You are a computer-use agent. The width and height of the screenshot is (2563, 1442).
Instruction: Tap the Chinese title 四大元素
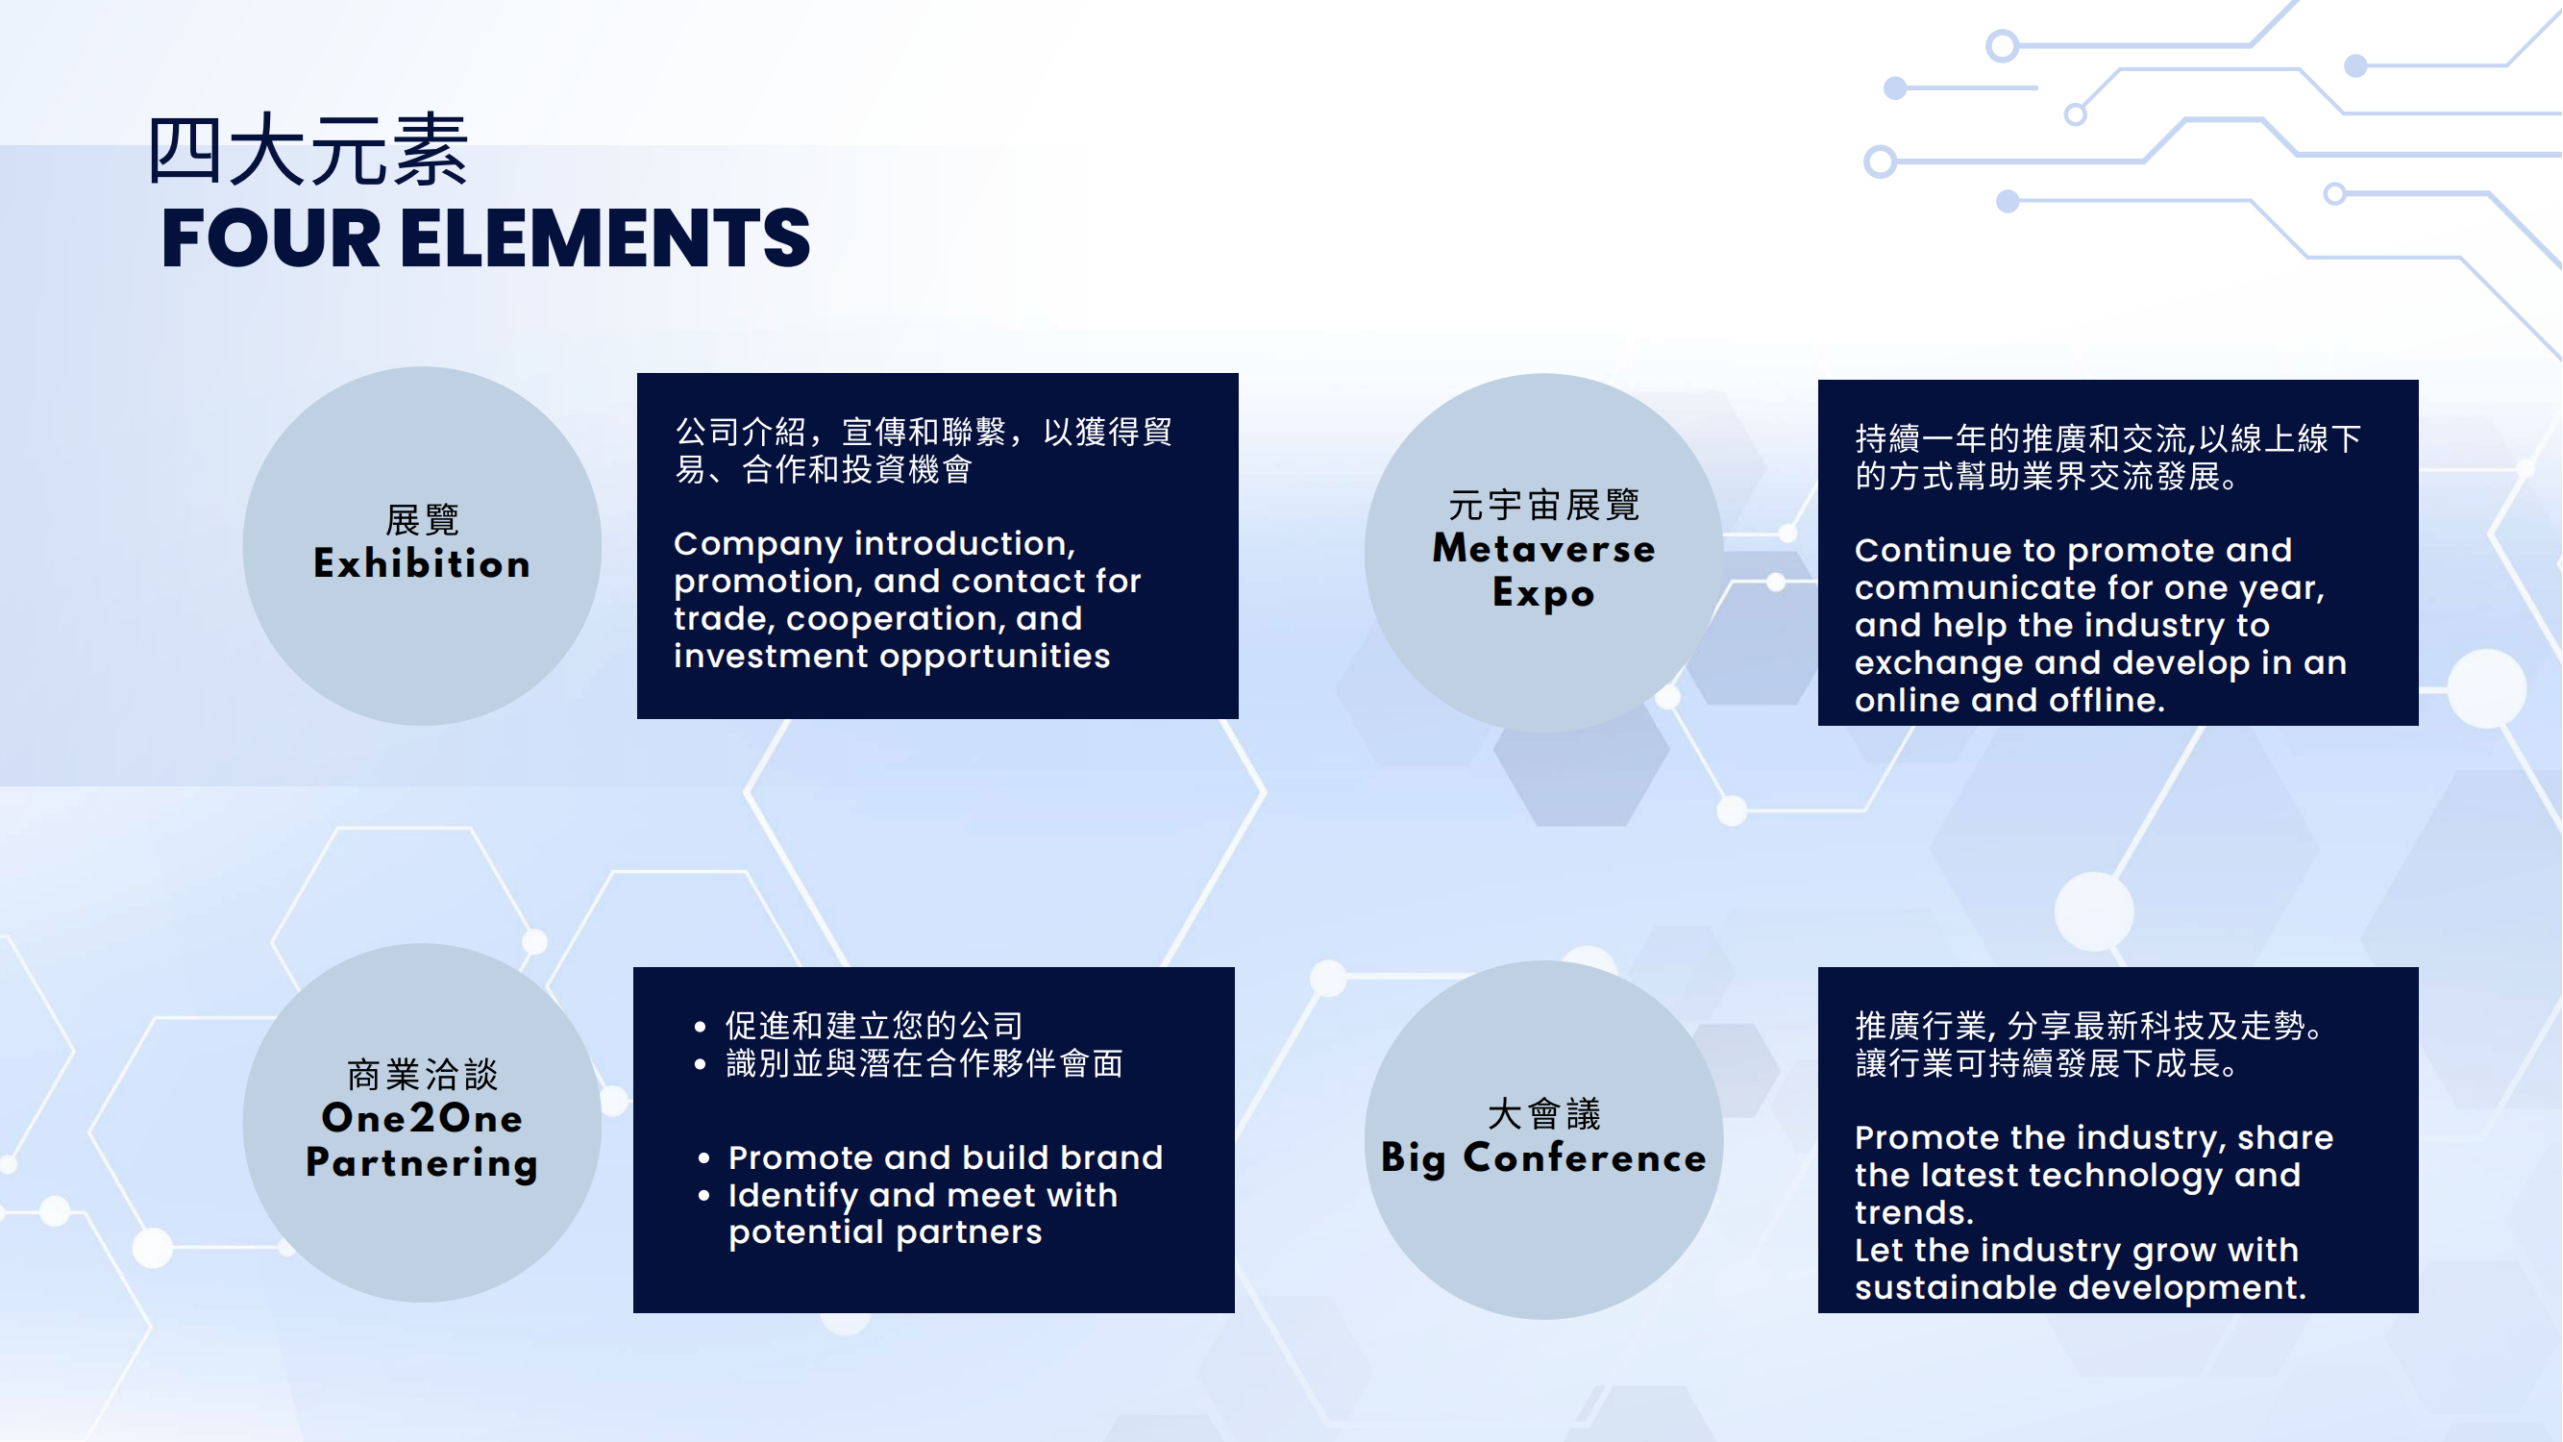point(308,150)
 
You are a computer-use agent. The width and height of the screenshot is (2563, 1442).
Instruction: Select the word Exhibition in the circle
point(422,563)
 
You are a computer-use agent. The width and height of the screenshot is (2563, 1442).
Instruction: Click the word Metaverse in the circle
point(1544,548)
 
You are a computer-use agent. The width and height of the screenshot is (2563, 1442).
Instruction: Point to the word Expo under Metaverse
point(1544,593)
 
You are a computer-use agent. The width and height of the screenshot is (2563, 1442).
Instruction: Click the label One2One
point(422,1118)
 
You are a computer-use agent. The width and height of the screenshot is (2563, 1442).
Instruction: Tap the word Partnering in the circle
point(422,1162)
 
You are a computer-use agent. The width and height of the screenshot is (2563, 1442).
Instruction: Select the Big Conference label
point(1544,1158)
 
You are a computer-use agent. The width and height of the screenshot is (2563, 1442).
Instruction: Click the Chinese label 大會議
point(1544,1113)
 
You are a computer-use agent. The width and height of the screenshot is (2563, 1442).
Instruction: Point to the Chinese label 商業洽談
point(422,1075)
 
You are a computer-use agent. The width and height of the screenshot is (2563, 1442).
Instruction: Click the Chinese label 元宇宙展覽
point(1544,505)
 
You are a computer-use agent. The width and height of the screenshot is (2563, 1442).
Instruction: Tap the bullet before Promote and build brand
point(704,1158)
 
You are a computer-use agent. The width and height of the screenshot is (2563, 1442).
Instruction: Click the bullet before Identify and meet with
point(704,1196)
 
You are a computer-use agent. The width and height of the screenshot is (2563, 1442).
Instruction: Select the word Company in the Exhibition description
point(759,544)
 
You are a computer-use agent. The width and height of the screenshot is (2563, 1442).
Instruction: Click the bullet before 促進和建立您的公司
point(701,1026)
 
